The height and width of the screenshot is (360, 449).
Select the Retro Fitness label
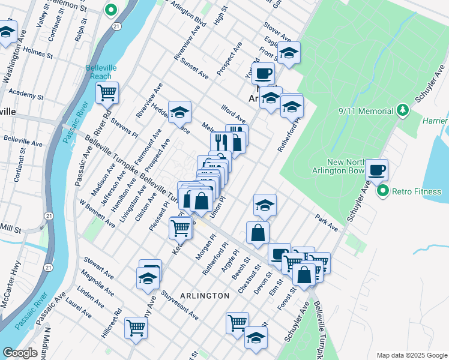point(417,192)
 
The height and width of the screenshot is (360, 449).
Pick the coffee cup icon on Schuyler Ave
point(376,170)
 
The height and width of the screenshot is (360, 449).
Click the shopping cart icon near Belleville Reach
point(107,93)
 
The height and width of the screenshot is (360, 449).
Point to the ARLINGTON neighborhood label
point(205,296)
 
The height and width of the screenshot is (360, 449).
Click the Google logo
point(20,353)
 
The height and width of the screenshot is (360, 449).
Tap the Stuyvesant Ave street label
point(180,305)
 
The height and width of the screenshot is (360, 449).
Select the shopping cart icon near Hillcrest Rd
point(136,328)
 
